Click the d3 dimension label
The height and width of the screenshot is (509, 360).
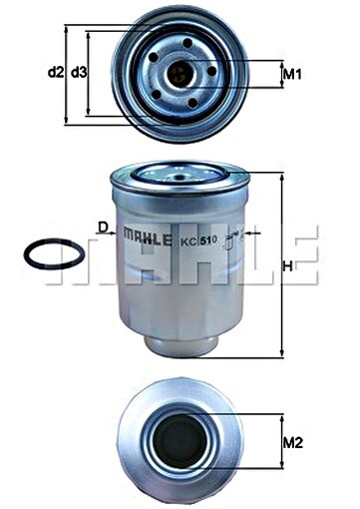pyautogui.click(x=78, y=72)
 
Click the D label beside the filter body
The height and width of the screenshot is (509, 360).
pyautogui.click(x=103, y=228)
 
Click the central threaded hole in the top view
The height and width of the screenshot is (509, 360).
pyautogui.click(x=180, y=73)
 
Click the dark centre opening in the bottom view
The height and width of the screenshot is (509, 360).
pyautogui.click(x=180, y=440)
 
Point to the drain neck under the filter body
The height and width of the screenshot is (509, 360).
pyautogui.click(x=180, y=342)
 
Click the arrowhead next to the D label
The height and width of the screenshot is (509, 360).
pyautogui.click(x=116, y=233)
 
